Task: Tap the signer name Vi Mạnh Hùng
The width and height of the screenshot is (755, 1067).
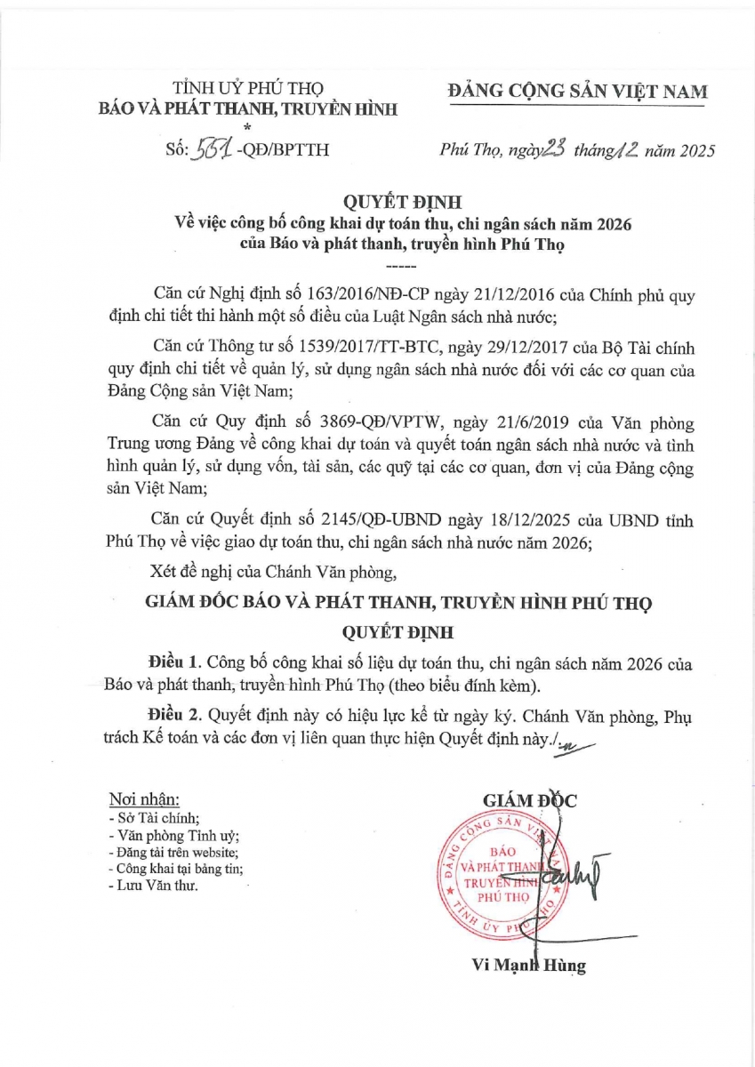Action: point(528,967)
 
